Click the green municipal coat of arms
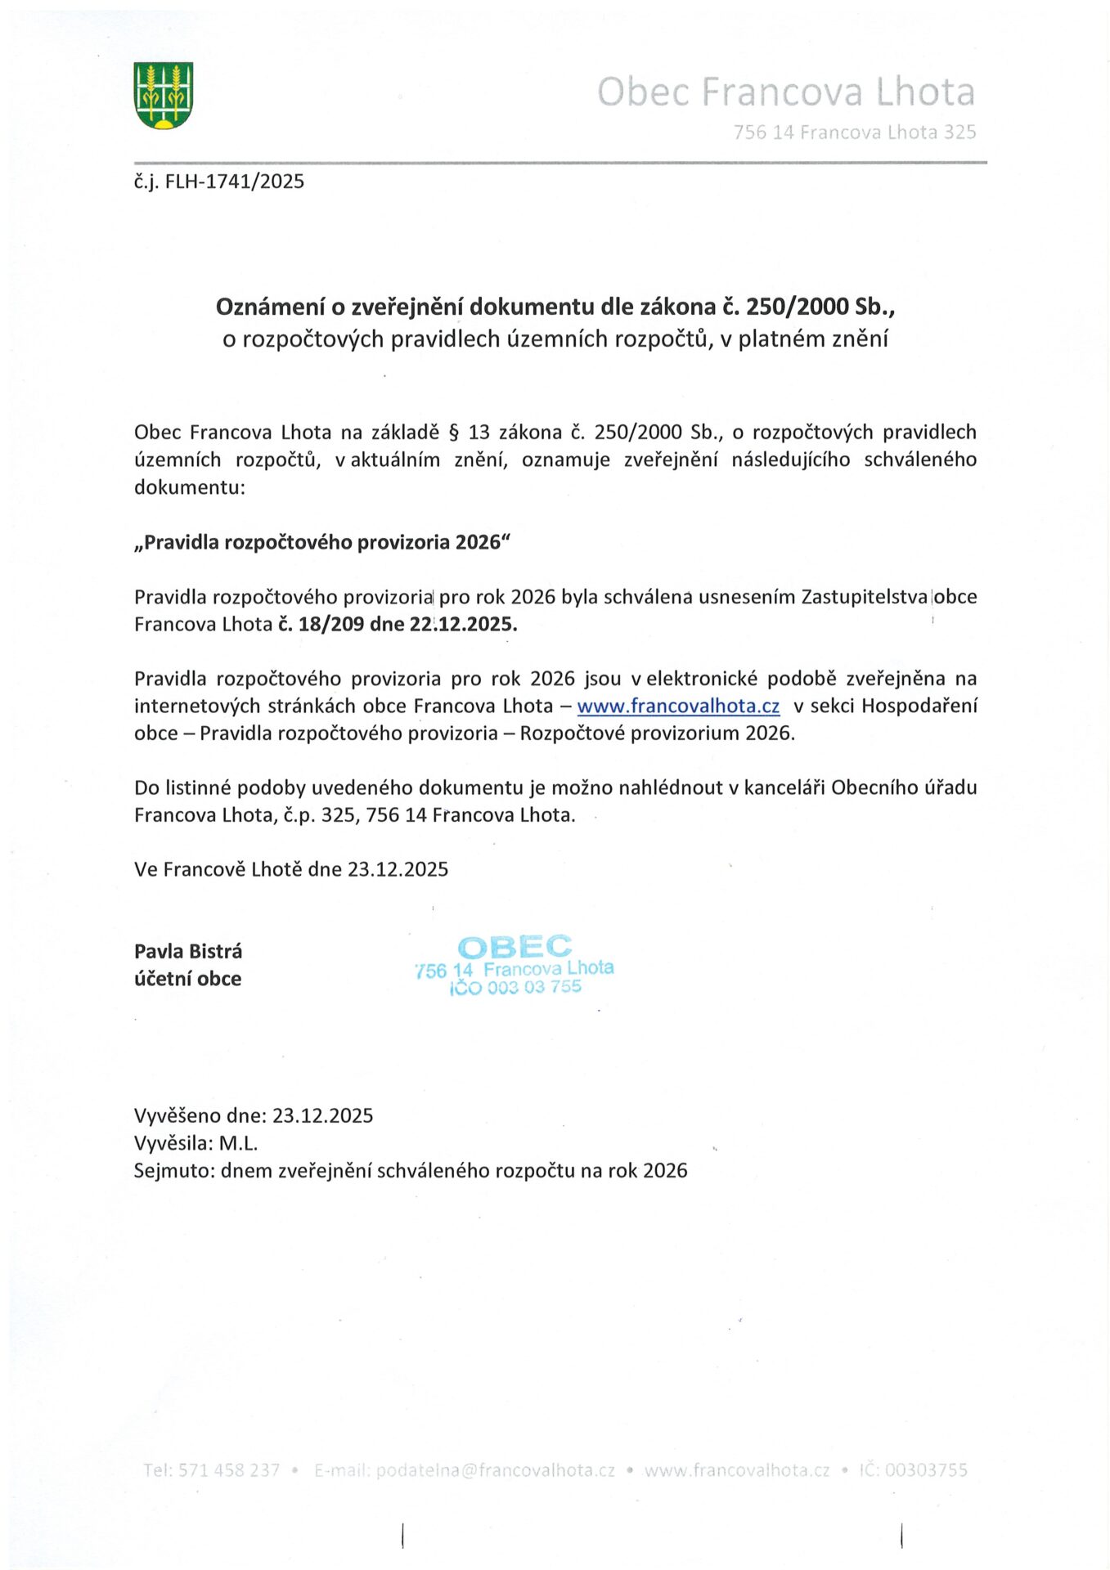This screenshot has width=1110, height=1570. (x=164, y=96)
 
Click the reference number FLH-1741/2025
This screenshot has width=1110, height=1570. (x=234, y=182)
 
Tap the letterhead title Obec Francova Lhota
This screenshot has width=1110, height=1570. (x=785, y=92)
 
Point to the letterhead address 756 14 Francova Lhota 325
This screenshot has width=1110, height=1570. (x=854, y=132)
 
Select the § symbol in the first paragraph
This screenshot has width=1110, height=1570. (x=455, y=432)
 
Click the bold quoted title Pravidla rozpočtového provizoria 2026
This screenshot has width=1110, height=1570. (x=322, y=542)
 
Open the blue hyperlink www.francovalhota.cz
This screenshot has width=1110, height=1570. (x=678, y=706)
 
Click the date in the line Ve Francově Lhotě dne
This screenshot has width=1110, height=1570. (x=398, y=869)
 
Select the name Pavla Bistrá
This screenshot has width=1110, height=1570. (x=188, y=951)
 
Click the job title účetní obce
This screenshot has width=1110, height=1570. (x=188, y=979)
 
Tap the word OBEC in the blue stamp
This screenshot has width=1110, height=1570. (x=515, y=947)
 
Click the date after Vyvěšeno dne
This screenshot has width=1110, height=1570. (x=322, y=1115)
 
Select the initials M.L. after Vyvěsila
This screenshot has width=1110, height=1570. (x=238, y=1143)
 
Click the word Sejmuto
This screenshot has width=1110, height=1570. (x=173, y=1171)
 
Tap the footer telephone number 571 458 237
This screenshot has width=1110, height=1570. (x=229, y=1470)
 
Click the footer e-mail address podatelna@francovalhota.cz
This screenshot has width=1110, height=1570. (x=495, y=1470)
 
